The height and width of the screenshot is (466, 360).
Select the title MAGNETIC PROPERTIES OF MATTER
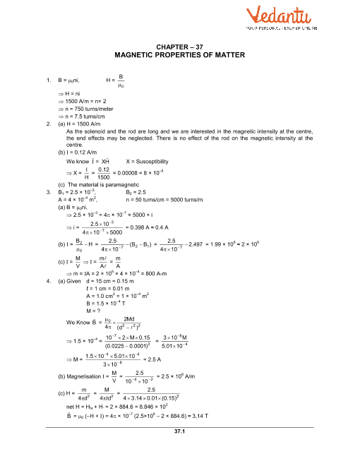click(179, 54)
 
